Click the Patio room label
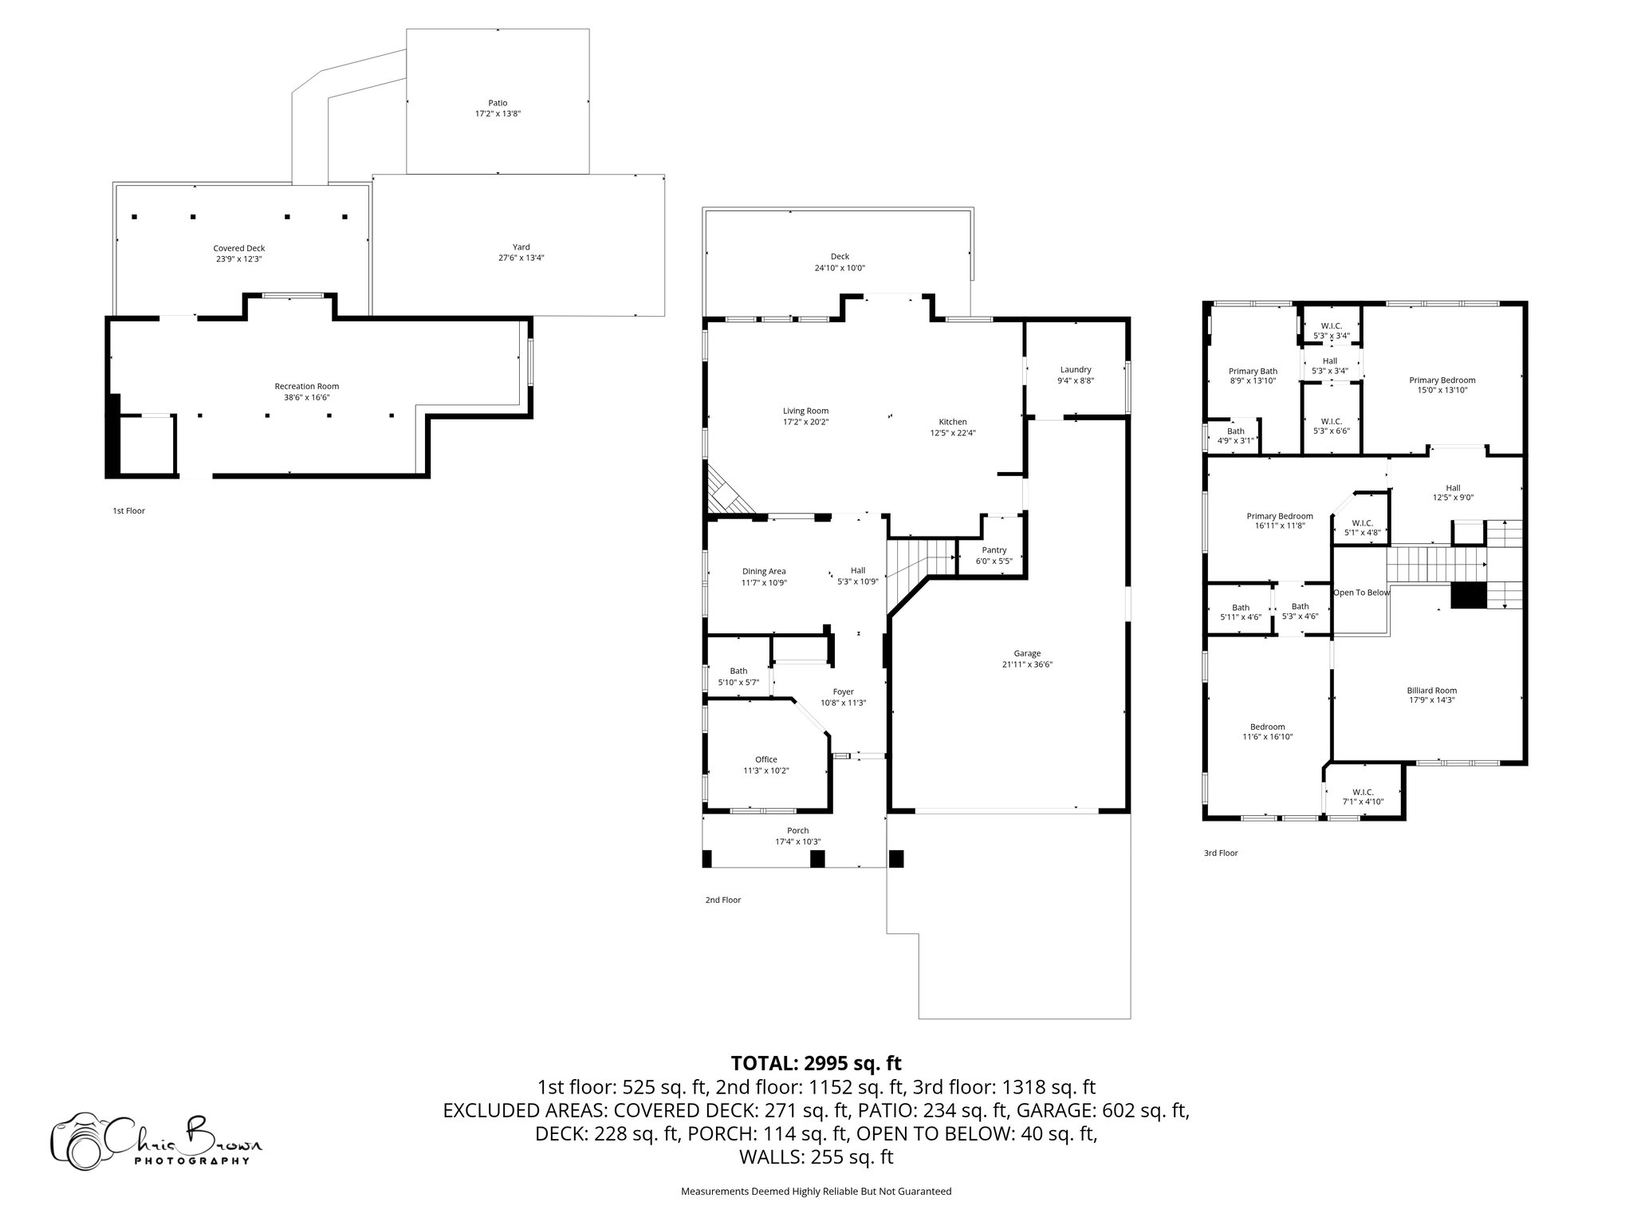[x=498, y=103]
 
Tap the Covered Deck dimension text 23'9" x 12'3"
[x=238, y=259]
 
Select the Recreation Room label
[x=307, y=386]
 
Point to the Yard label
[x=521, y=247]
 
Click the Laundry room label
[x=1076, y=369]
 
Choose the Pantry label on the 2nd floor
[x=994, y=550]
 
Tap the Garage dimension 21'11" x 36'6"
[x=1027, y=664]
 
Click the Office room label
[x=765, y=759]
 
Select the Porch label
[x=797, y=831]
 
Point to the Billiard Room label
[x=1431, y=691]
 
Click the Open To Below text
[x=1361, y=593]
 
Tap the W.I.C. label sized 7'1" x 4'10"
[x=1363, y=792]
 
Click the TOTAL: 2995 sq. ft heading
[x=816, y=1063]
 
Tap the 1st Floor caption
[x=128, y=510]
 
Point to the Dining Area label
[x=764, y=571]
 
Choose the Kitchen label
[x=952, y=422]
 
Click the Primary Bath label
[x=1253, y=371]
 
